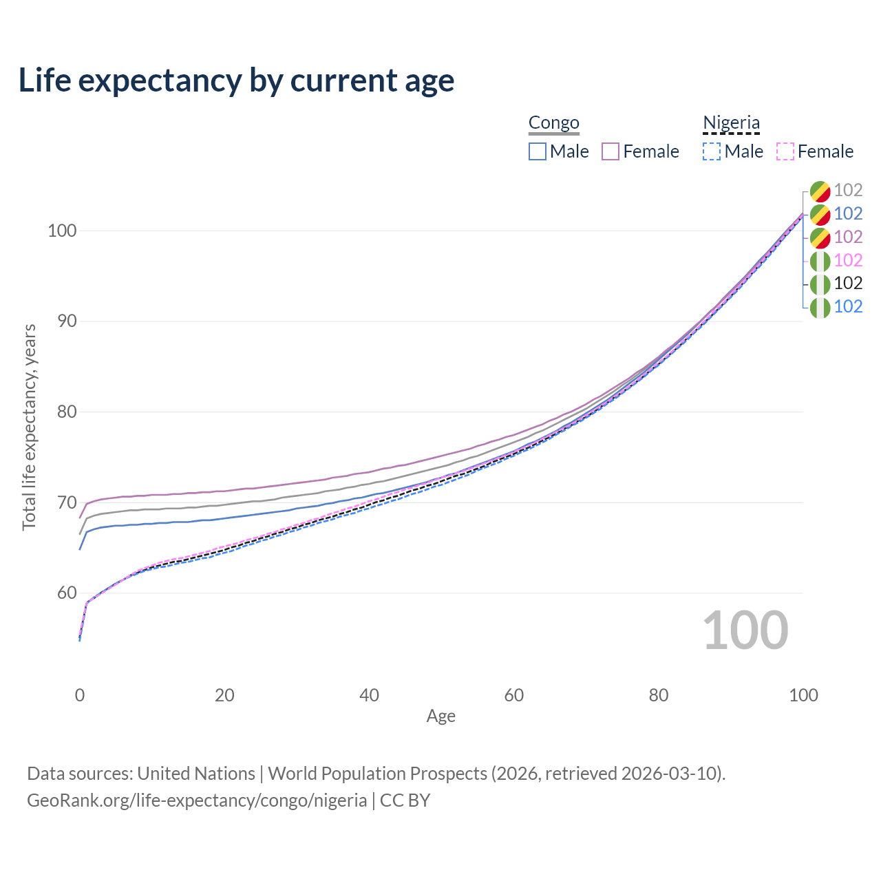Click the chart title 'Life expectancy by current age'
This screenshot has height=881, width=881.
point(236,81)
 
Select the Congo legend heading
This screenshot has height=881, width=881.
point(553,123)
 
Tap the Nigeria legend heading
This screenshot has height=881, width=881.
point(731,123)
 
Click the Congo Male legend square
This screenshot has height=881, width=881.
point(537,151)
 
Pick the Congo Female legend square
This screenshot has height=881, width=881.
point(611,151)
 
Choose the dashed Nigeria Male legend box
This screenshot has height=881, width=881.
point(712,151)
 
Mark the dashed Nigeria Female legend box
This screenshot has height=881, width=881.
point(785,151)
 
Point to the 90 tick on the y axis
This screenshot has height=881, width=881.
point(67,321)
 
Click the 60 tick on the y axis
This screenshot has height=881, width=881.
point(67,593)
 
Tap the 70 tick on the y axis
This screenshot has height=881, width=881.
point(67,502)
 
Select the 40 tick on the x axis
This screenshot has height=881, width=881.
point(369,695)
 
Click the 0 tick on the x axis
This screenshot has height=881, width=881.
point(80,695)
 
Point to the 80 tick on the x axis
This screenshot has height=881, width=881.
point(659,695)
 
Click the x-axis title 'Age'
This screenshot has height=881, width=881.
point(440,717)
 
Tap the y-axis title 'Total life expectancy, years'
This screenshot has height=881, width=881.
point(29,427)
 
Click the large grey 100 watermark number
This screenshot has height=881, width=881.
point(745,630)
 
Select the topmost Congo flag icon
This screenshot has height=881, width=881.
point(820,191)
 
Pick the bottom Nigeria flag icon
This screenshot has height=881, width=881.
point(820,308)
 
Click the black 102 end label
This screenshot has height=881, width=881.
point(848,284)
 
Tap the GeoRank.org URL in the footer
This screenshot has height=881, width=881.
point(197,800)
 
